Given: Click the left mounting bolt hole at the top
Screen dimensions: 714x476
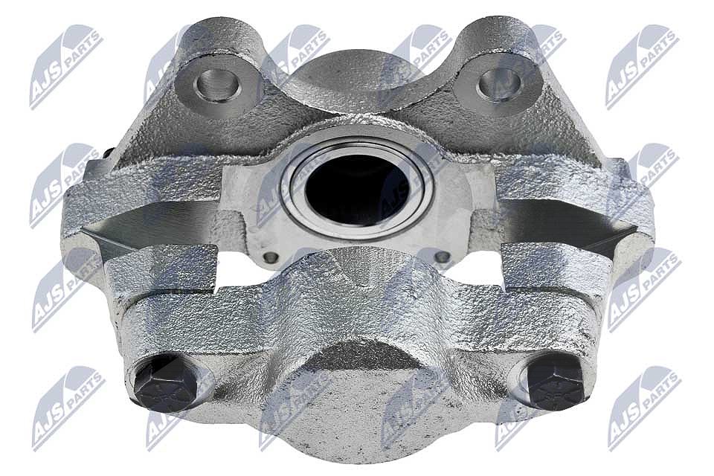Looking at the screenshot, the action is click(216, 85).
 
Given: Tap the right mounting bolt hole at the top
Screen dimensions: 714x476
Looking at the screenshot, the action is click(498, 85).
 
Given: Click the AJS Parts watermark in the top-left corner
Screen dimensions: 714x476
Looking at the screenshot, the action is click(66, 68).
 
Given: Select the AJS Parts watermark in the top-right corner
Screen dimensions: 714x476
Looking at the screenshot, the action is click(642, 68).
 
